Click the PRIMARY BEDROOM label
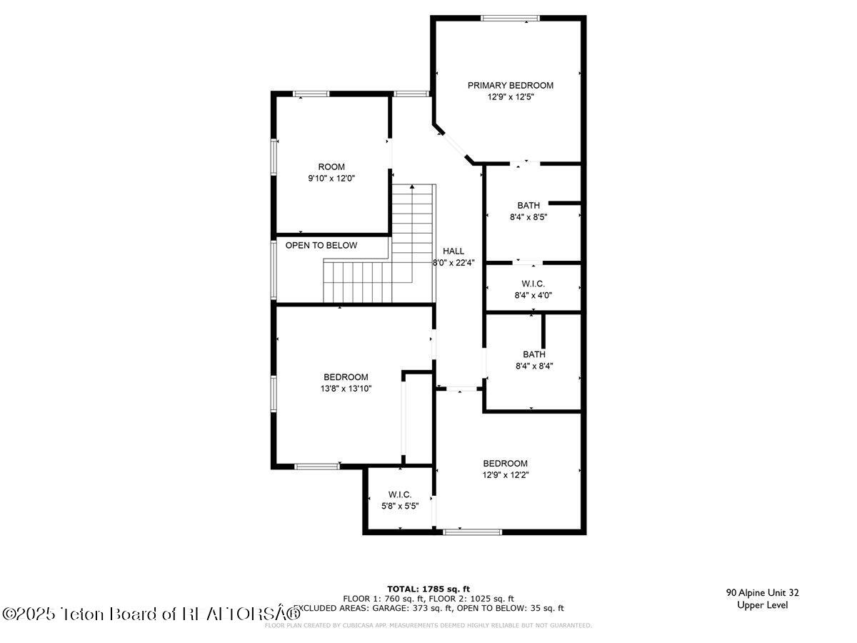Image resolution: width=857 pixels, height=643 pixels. coord(510,85)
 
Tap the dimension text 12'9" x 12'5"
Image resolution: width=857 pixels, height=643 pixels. coord(510,96)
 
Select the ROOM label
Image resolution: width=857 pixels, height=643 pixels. coord(331,166)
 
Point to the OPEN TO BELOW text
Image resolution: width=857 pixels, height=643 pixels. coord(321,245)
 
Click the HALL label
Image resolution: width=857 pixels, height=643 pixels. coord(453,251)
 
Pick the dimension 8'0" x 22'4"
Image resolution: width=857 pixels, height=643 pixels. coord(453,262)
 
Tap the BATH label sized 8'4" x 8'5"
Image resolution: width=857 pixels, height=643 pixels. coord(528,205)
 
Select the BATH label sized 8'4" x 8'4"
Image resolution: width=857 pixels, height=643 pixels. coord(533,354)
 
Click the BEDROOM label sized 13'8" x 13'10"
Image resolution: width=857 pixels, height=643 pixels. coord(346,377)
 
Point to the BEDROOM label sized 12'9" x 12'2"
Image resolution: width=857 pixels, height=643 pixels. coord(505,463)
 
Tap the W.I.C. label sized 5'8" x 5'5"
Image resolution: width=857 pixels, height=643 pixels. coord(399,494)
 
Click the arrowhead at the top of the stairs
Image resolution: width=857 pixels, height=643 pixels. coord(412,186)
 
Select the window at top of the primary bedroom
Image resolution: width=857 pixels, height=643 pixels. coord(510,18)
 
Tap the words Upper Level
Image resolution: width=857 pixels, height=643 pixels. coord(762,605)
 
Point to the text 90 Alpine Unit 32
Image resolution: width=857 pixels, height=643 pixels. coord(762,592)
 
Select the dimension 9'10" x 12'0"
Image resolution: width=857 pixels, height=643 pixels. coord(331,179)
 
